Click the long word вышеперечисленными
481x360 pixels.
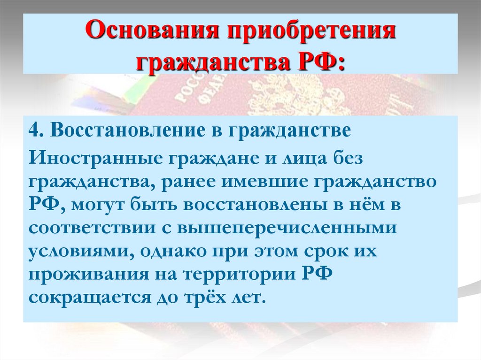pyautogui.click(x=285, y=228)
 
